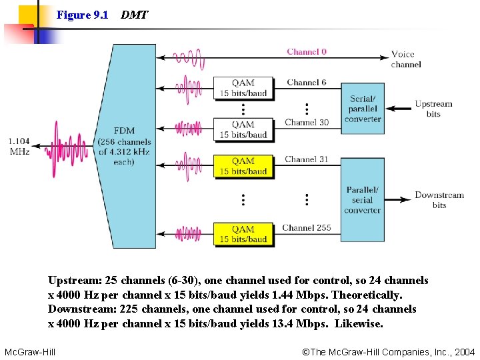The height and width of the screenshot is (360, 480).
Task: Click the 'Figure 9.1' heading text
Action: (83, 15)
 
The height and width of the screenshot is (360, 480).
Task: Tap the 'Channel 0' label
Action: (307, 52)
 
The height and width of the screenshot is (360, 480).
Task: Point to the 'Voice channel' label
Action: (406, 59)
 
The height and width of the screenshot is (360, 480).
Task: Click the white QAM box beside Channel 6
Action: (243, 89)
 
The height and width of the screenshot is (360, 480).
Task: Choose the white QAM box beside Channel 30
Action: (243, 129)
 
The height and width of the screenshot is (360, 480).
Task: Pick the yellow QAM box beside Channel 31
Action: (243, 166)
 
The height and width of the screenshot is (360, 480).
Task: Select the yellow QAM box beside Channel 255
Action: (243, 234)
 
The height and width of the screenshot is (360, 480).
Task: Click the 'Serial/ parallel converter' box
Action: (363, 109)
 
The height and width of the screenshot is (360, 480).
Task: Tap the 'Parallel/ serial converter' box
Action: (363, 200)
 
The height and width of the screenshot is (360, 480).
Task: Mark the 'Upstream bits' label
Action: (433, 109)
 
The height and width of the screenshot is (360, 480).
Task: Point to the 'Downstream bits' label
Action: (439, 200)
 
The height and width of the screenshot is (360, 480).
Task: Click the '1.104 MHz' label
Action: (19, 146)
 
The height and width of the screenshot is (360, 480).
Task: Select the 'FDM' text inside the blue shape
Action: (124, 131)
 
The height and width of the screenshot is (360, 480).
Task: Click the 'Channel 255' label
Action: (306, 228)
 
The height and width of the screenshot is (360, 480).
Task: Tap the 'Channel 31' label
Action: (306, 159)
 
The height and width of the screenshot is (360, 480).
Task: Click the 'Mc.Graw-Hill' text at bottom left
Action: (30, 351)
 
